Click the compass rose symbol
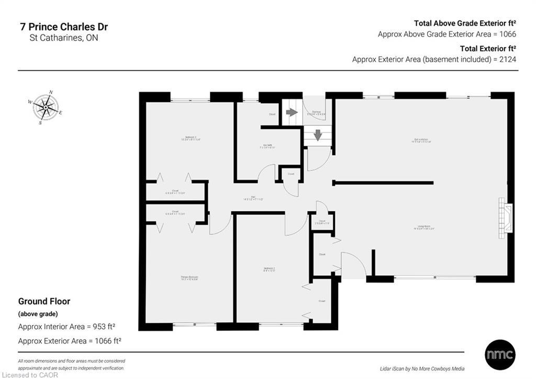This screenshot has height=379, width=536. [46, 107]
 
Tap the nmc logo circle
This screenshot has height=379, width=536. [500, 354]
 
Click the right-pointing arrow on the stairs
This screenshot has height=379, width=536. [292, 112]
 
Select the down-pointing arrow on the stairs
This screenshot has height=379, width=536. [318, 135]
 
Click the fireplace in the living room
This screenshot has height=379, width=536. [506, 215]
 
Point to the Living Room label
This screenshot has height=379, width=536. [425, 228]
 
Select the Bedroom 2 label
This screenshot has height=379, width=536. [269, 270]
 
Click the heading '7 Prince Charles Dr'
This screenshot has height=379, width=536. [63, 27]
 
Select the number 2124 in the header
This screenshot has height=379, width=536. [507, 59]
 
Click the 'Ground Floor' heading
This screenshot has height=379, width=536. [44, 301]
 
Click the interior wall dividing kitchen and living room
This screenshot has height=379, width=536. [383, 182]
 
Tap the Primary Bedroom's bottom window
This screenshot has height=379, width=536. [194, 325]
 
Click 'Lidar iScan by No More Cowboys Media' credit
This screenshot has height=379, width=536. [422, 369]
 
